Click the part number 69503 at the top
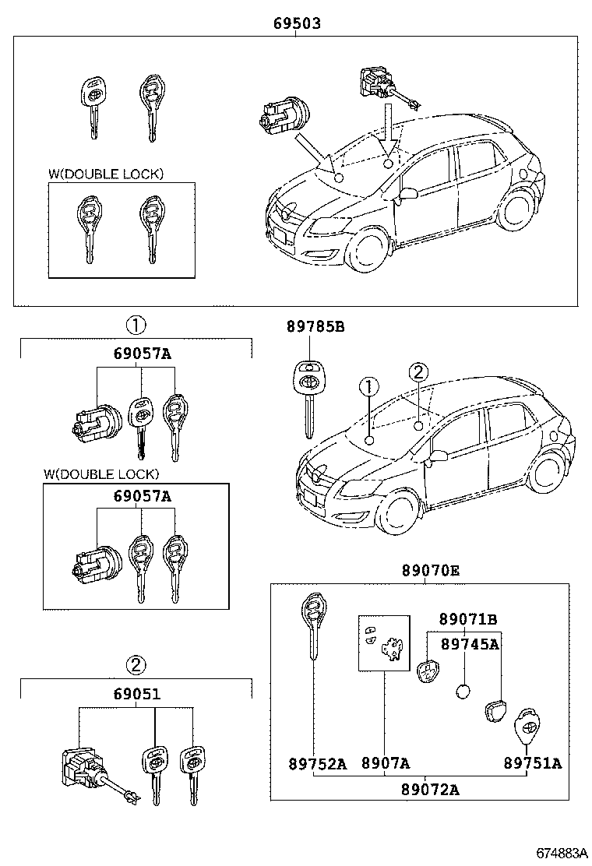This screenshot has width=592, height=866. [x=297, y=24]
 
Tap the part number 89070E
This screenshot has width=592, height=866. [x=430, y=571]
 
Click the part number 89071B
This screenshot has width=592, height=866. [x=467, y=619]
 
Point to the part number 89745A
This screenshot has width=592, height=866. [x=469, y=644]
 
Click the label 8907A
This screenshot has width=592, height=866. [x=385, y=763]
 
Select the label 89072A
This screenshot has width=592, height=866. [x=430, y=789]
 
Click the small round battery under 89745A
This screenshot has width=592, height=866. [x=463, y=691]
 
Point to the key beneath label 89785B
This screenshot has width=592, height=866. [x=309, y=397]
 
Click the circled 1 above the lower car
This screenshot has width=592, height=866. [x=368, y=387]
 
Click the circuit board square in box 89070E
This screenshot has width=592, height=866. [x=383, y=642]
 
